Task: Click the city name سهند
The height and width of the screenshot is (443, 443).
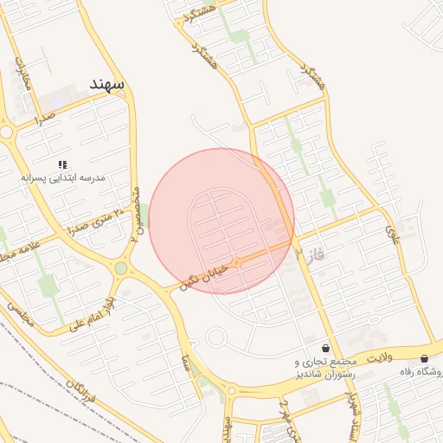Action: [x=107, y=84]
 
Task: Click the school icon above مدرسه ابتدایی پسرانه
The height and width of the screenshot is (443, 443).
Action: [x=62, y=164]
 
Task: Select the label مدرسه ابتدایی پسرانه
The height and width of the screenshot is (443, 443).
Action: [x=63, y=177]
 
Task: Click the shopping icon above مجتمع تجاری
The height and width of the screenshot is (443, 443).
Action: [x=325, y=348]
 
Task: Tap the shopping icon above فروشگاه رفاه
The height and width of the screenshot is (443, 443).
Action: [x=424, y=358]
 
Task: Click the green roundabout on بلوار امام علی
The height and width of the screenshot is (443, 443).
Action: [x=120, y=268]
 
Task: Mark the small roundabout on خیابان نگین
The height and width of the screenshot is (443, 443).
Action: [x=236, y=260]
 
